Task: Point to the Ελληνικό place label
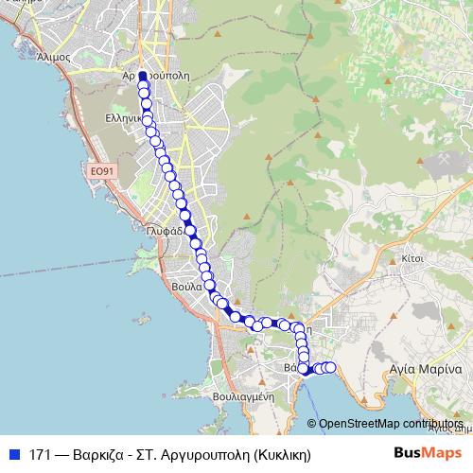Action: point(124,119)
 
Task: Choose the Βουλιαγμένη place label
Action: point(244,397)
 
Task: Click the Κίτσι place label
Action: point(411,256)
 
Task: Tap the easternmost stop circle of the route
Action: point(330,367)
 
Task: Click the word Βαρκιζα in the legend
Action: point(104,453)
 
